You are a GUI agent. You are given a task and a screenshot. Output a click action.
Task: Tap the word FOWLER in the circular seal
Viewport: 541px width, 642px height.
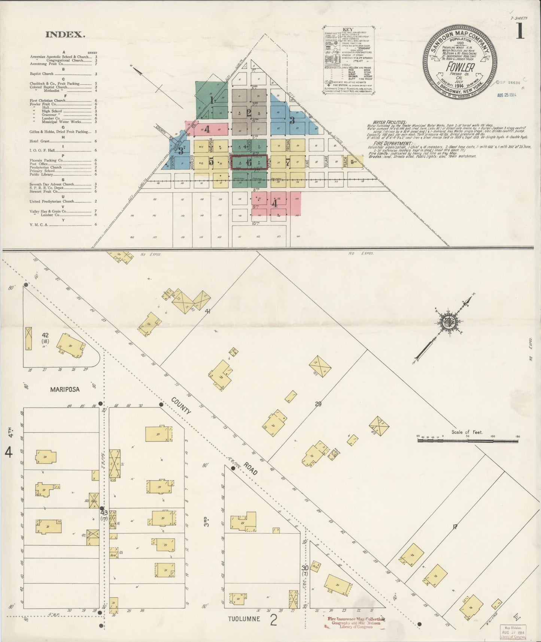tap(460, 68)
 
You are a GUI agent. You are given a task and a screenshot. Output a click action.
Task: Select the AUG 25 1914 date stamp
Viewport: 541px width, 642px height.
tap(507, 95)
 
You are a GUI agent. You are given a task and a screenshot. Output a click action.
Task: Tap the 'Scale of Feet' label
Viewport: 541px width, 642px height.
tap(467, 432)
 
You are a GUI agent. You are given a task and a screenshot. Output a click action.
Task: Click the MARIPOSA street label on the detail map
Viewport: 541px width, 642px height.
tap(65, 389)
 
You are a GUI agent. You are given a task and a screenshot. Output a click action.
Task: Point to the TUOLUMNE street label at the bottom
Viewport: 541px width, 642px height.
tap(244, 619)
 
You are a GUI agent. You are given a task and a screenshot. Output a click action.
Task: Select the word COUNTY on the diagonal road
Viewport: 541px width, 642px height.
tap(181, 406)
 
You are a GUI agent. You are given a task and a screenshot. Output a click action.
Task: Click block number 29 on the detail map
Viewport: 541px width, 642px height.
tap(318, 404)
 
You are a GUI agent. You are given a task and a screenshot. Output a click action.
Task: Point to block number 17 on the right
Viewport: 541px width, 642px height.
tap(455, 527)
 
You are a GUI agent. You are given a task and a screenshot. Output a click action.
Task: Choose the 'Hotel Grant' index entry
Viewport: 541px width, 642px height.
tap(40, 141)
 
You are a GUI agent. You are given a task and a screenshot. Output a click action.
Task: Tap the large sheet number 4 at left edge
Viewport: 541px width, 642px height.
tap(8, 453)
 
